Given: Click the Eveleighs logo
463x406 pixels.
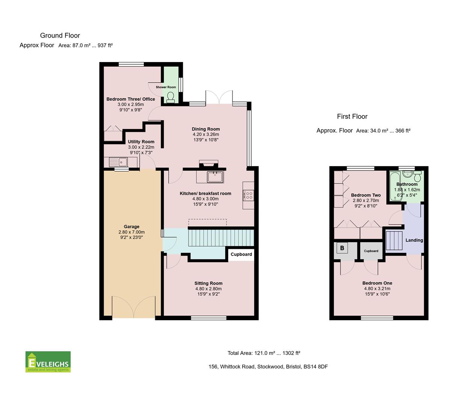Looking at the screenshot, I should [x=48, y=362].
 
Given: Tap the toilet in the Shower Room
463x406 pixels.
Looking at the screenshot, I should [x=171, y=97].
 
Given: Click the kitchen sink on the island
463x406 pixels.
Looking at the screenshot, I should [x=215, y=177].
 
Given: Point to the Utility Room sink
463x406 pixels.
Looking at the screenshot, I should [x=118, y=162].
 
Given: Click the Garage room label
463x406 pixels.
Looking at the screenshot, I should [x=131, y=227].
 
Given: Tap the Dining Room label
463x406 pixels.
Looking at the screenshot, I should [x=206, y=129].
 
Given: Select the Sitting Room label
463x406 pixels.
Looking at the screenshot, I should [x=208, y=283].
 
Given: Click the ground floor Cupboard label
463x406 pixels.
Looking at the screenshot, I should [x=241, y=255].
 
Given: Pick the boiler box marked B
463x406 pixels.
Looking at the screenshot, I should [x=342, y=248].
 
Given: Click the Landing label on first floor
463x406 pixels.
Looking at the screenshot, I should [x=414, y=240].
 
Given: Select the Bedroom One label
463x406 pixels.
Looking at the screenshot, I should [x=377, y=283].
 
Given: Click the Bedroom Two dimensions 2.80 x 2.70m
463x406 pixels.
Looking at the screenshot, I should [x=366, y=201].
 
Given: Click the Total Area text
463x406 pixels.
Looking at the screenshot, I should [x=264, y=353].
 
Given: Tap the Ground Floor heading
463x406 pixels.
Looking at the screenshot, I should [x=60, y=36].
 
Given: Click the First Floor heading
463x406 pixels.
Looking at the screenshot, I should [x=352, y=117].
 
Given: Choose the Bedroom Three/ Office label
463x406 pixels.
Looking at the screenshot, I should [x=131, y=99].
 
